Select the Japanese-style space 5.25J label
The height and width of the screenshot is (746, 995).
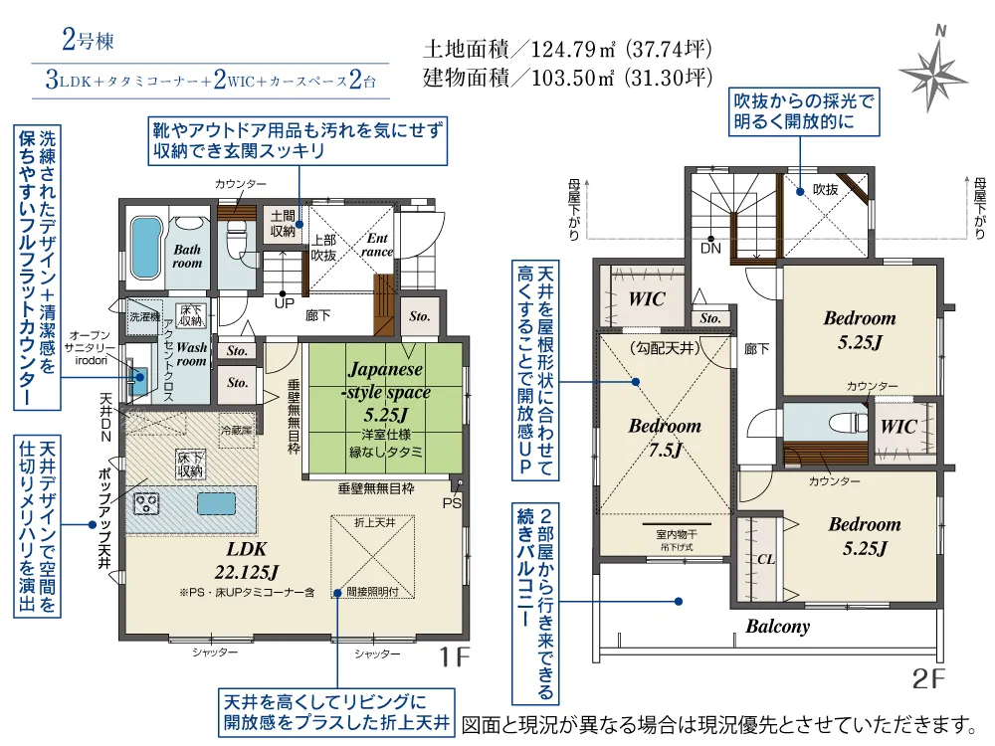pyautogui.click(x=386, y=394)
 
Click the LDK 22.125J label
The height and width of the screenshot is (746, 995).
pyautogui.click(x=239, y=562)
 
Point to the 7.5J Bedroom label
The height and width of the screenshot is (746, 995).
pyautogui.click(x=665, y=438)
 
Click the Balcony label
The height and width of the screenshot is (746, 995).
pyautogui.click(x=777, y=627)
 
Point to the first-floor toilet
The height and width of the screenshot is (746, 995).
pyautogui.click(x=237, y=240)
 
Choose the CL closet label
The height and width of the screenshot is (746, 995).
pyautogui.click(x=765, y=559)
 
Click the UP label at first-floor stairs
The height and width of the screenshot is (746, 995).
pyautogui.click(x=285, y=302)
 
